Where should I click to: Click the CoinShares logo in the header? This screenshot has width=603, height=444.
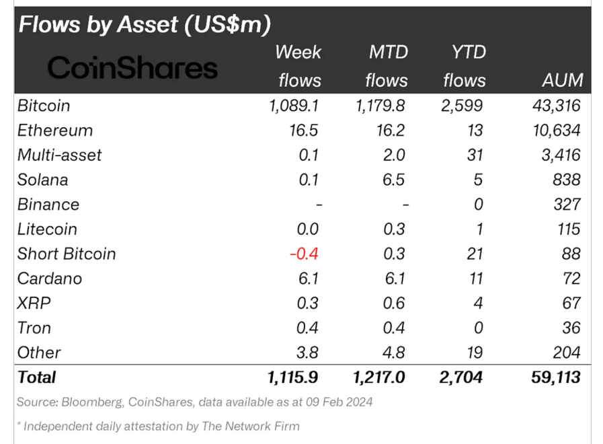[x=133, y=67]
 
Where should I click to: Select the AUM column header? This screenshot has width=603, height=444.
[x=562, y=81]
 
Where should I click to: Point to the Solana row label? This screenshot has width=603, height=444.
[x=43, y=180]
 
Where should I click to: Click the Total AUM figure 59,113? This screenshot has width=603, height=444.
[x=555, y=377]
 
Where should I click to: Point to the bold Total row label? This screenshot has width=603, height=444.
[x=37, y=377]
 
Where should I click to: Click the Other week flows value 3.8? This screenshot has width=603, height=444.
[x=308, y=353]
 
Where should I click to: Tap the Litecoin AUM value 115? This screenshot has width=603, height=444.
[x=568, y=229]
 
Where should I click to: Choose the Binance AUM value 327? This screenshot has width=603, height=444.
[x=567, y=205]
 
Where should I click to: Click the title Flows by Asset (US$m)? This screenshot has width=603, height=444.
[x=145, y=24]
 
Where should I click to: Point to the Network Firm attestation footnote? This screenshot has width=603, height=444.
[x=159, y=426]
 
